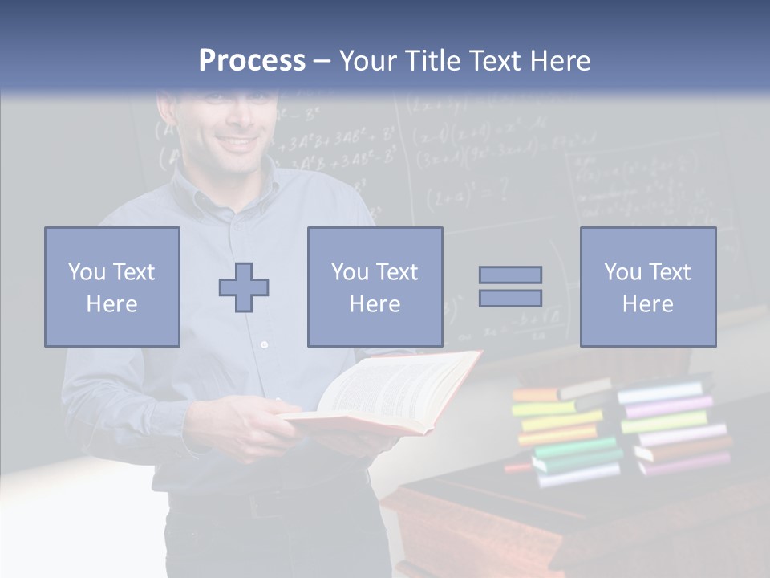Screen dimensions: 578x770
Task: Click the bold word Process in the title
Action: pos(252,61)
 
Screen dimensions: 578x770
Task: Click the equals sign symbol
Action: pos(510,287)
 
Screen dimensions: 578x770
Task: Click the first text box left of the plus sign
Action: pos(112,287)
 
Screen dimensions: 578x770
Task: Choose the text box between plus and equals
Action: pos(375,287)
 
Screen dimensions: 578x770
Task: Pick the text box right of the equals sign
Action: pos(647,287)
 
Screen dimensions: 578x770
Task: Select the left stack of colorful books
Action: pos(565,433)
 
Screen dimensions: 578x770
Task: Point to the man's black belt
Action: pos(265,502)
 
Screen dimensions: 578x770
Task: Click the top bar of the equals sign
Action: pos(510,275)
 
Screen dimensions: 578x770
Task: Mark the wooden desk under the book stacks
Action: pos(561,522)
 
